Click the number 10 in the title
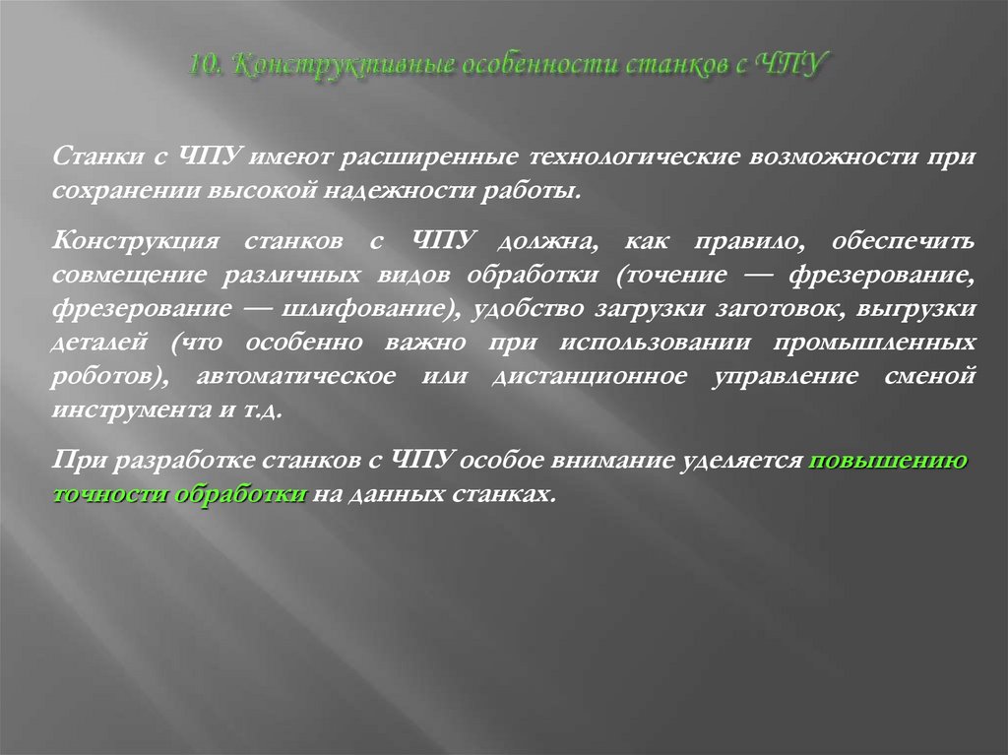(x=205, y=67)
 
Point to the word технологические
(x=631, y=157)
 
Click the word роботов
(x=101, y=378)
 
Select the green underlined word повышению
(x=887, y=460)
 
